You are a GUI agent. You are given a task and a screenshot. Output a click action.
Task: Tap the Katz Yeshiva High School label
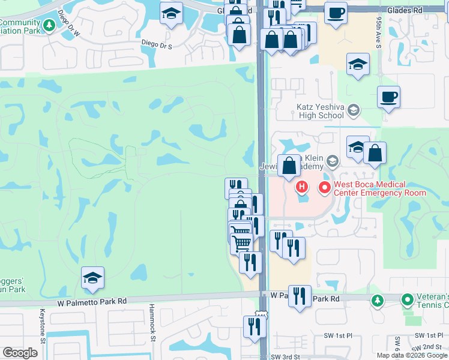pos(320,110)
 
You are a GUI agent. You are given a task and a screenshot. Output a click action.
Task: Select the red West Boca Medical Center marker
pos(325,188)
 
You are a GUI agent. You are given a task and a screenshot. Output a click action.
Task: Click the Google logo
pos(20,353)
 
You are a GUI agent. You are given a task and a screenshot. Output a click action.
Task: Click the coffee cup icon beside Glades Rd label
pos(336,12)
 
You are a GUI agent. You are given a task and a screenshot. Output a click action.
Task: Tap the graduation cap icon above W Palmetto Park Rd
pos(92,278)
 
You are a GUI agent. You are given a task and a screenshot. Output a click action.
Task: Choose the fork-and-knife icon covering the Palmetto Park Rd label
pos(300,296)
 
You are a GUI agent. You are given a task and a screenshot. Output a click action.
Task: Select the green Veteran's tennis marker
pos(407,298)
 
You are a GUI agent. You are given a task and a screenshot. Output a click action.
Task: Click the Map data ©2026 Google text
pos(411,355)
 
